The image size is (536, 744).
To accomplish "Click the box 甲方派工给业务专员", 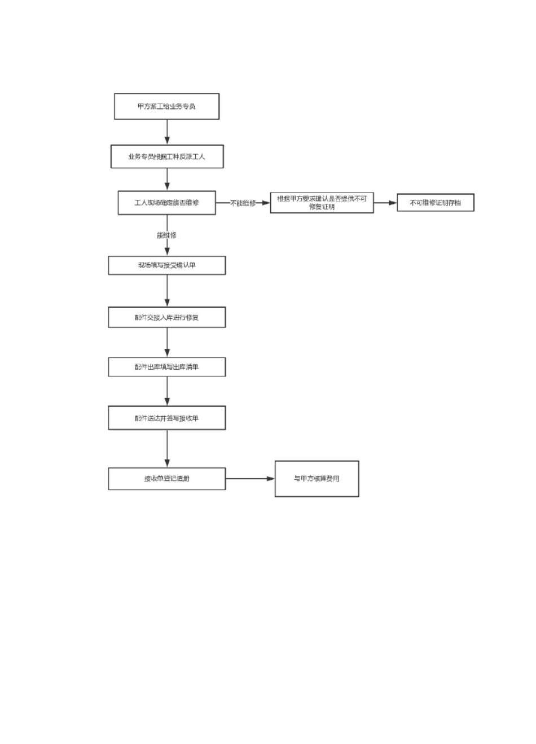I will point(166,107).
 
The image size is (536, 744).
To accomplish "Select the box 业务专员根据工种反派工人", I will point(166,156).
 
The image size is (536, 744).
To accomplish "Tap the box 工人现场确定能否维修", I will point(166,203).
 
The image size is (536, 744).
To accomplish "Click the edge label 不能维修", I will point(243,203).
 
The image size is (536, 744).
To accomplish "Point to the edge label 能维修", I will point(166,235).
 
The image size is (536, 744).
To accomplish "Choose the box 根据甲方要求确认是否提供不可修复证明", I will point(322,203).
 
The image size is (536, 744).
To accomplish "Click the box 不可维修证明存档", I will point(435,203).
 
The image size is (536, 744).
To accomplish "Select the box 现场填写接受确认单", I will point(166,265).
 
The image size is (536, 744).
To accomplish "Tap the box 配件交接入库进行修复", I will point(166,317).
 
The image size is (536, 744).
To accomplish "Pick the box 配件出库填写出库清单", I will point(166,367).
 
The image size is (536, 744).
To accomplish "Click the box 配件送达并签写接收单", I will point(166,418).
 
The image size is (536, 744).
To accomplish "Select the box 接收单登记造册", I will point(166,479).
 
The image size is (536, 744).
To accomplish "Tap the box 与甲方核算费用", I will point(317,479).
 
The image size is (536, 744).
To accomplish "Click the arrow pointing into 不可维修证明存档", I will point(385,203).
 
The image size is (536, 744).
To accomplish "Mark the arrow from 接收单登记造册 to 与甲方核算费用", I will point(250,479).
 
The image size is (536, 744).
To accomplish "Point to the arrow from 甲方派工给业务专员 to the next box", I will point(167,132).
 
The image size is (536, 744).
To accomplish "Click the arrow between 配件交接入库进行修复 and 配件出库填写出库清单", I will point(167,343).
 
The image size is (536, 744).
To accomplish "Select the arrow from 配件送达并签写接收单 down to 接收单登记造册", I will point(167,449).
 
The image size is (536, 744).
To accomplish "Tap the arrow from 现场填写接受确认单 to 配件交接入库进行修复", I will point(167,291).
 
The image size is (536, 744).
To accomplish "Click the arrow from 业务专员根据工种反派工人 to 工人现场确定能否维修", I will point(167,180).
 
